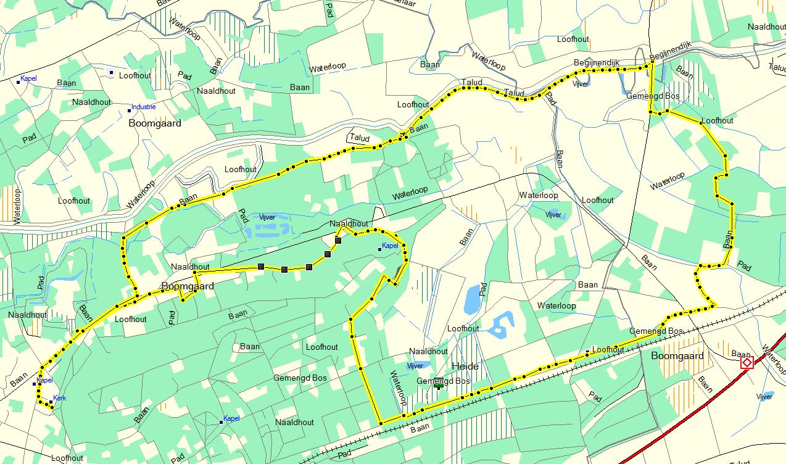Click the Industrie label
coord(143,107)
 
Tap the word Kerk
coord(59,398)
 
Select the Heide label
coord(465,367)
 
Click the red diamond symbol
coord(747,362)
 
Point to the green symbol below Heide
coord(438,384)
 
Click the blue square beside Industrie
coord(130,110)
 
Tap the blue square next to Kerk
coord(51,402)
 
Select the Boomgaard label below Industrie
coord(155,123)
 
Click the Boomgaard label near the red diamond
coord(677,356)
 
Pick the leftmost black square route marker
coord(261,267)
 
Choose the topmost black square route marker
coord(338,240)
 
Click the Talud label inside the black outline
coord(359,139)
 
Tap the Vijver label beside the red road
coord(764,397)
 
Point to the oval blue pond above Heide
coord(472,300)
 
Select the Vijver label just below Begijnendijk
coord(581,83)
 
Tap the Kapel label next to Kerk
coord(45,380)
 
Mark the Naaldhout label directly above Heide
coord(428,351)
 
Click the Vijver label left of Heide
coord(415,366)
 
